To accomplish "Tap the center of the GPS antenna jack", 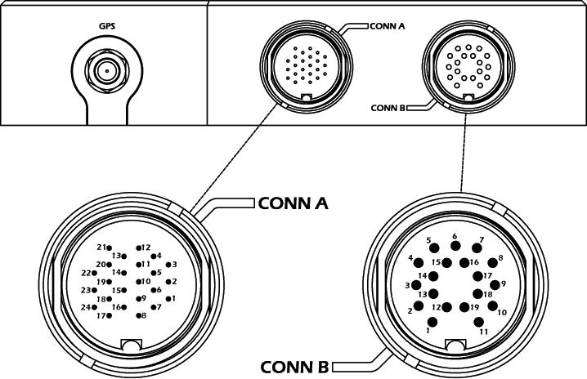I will click(104, 71).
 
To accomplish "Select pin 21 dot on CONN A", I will click(110, 247).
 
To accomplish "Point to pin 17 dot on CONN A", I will click(111, 315).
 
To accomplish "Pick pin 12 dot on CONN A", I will click(137, 247).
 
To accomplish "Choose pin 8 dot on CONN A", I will click(137, 314).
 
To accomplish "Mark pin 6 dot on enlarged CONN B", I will click(455, 246).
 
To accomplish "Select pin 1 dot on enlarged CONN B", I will click(434, 322).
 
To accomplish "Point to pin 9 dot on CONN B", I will click(495, 285).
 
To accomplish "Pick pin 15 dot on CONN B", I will click(448, 262).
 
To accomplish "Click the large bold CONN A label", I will click(293, 202).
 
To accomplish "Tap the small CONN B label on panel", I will click(388, 107).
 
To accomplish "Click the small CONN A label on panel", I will click(388, 25).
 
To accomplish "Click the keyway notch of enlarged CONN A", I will click(131, 345).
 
